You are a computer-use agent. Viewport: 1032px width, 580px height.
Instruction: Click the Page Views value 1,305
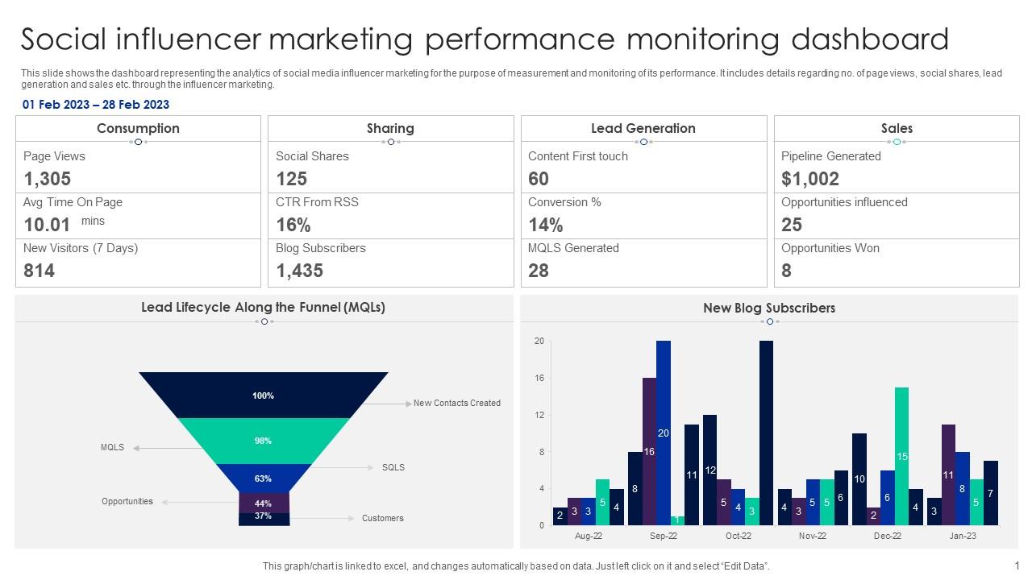click(x=48, y=179)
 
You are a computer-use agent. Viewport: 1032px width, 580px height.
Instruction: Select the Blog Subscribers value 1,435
click(x=299, y=271)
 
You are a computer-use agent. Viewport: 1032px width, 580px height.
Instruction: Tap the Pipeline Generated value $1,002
click(x=810, y=179)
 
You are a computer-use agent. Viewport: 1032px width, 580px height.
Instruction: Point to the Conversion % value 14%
click(x=546, y=225)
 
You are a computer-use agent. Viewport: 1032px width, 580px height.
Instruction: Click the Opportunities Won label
click(x=830, y=248)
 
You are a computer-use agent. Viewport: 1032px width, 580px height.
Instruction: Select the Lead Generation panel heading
click(x=643, y=128)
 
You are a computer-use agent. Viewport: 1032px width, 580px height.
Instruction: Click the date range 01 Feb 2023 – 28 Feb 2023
click(x=96, y=105)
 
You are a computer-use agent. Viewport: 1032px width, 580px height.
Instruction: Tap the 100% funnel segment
click(x=264, y=396)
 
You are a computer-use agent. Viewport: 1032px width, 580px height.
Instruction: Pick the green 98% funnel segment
click(x=264, y=441)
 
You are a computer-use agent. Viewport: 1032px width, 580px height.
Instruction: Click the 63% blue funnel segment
click(x=264, y=478)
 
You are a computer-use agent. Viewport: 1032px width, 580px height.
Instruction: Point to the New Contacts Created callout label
click(x=457, y=403)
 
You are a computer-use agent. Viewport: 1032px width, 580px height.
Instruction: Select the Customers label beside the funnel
click(x=383, y=518)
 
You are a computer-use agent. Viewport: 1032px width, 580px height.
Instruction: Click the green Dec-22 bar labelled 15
click(x=902, y=456)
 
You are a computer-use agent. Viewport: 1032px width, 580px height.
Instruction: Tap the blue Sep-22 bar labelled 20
click(x=664, y=433)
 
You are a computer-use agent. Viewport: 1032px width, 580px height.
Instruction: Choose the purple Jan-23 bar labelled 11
click(x=948, y=474)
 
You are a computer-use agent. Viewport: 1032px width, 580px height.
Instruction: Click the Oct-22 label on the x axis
click(x=738, y=536)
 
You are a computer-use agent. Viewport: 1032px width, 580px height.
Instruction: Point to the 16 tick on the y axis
click(x=539, y=378)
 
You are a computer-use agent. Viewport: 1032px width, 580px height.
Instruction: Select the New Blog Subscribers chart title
click(x=769, y=308)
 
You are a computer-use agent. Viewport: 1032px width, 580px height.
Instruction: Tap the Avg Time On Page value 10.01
click(x=48, y=225)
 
